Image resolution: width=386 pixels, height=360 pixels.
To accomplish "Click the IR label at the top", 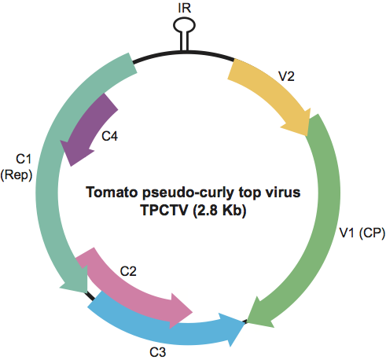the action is (x=185, y=8).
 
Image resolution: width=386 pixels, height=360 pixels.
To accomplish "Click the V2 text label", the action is (x=286, y=76).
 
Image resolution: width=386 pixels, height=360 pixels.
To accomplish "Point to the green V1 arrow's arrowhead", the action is (x=259, y=313).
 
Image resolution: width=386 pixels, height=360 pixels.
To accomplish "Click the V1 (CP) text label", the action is (x=362, y=233).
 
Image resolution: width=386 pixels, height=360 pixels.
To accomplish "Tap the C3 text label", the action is (x=157, y=352).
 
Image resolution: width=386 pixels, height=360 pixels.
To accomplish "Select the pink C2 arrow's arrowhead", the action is (x=181, y=311).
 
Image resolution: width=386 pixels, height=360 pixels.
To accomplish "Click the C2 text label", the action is (x=128, y=271).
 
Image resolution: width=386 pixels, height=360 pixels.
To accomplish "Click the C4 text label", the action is (x=110, y=136).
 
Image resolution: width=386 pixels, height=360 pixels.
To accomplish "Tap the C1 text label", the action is (x=24, y=159).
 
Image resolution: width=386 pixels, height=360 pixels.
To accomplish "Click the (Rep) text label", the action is (x=17, y=175).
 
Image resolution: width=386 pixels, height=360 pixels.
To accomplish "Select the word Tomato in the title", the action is (x=112, y=192).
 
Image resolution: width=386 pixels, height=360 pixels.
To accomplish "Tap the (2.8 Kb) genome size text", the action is (x=219, y=210).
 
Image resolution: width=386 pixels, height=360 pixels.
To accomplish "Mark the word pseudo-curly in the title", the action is (x=189, y=193).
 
